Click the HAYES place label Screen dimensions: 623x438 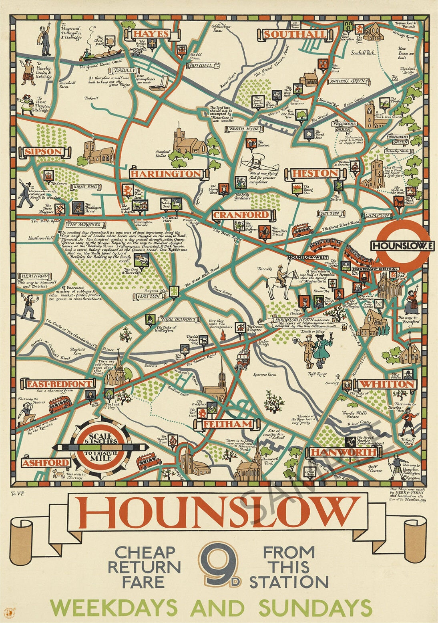151,34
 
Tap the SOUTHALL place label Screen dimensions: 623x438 294,34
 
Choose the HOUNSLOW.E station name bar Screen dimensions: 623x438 400,245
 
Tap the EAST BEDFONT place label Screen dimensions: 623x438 59,384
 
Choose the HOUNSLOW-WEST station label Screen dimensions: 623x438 307,257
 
